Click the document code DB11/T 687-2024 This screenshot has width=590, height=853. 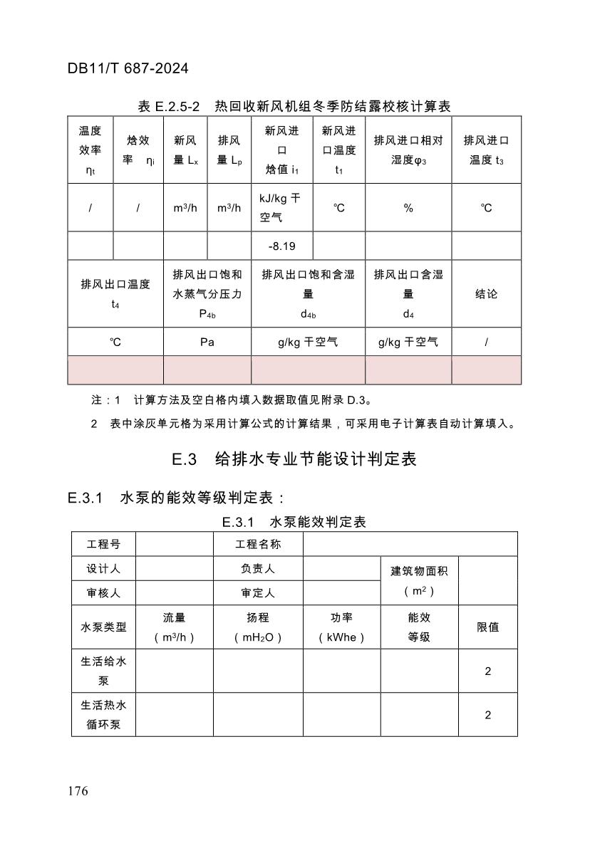128,69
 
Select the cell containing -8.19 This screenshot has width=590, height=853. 281,246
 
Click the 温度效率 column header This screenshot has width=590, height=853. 90,150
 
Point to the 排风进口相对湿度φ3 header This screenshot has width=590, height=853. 408,150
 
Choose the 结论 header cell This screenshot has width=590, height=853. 486,294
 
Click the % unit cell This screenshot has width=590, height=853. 408,208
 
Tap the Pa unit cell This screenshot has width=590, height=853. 207,342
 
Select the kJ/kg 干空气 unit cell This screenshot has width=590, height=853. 281,207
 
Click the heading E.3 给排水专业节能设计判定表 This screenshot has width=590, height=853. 294,459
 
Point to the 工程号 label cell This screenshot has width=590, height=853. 103,545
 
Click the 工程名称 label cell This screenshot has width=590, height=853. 258,545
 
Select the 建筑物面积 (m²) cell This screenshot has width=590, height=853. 419,580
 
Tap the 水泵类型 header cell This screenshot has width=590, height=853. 103,627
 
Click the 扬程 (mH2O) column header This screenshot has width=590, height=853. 258,627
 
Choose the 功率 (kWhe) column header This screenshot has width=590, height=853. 341,627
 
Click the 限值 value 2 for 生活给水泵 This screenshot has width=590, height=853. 487,671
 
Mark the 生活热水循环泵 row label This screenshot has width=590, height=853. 103,715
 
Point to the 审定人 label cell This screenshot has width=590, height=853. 258,592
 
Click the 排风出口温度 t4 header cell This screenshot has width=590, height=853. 115,294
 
